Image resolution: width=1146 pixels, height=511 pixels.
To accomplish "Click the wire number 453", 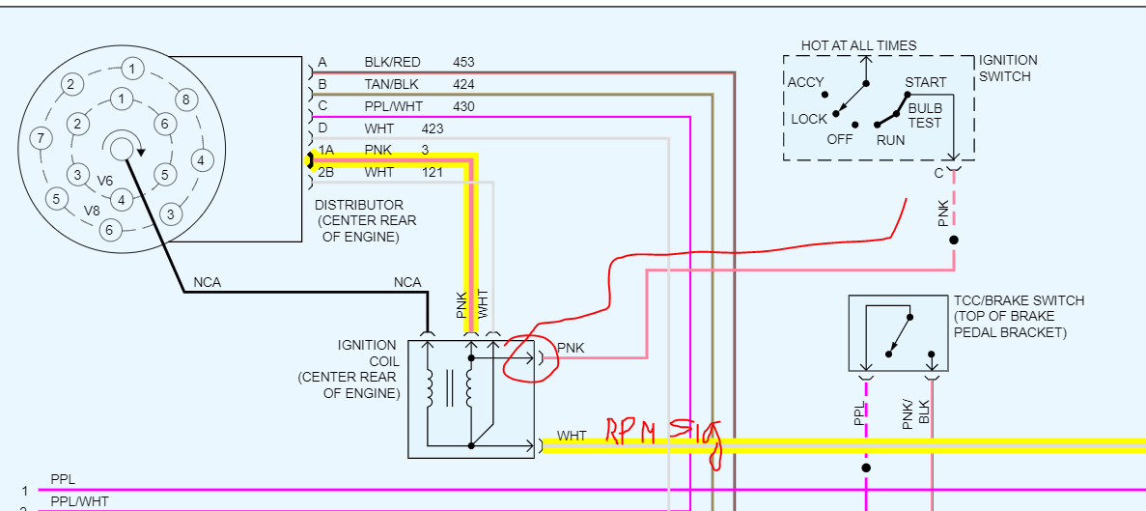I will (463, 63).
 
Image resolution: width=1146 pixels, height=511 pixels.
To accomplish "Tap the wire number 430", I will (463, 106).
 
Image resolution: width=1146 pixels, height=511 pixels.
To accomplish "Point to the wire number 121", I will (433, 172).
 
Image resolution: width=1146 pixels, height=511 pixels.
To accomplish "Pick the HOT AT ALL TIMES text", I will (859, 45).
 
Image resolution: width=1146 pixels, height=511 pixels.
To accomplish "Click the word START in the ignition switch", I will (926, 83).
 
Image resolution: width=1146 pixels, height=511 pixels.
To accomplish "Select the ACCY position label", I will (806, 82).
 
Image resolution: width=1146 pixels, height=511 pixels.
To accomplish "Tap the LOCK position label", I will (809, 119).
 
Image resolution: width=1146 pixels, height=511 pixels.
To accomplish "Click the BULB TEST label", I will (925, 116).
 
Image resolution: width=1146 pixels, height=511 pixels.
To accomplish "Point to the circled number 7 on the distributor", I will (40, 138).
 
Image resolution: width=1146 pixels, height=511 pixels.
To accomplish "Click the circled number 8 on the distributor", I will (186, 99).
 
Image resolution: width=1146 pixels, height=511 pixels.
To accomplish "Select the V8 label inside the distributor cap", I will (92, 211).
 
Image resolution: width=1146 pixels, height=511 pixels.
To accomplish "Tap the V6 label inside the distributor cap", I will (105, 181).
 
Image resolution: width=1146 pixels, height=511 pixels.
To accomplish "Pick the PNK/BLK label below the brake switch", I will (914, 412).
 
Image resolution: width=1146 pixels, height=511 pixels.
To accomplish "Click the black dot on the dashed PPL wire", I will (866, 468).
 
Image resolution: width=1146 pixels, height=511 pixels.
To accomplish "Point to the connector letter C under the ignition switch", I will (938, 173).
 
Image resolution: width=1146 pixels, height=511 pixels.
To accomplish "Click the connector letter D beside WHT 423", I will (322, 128).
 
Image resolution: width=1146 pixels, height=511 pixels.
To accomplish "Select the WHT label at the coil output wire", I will (572, 437).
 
